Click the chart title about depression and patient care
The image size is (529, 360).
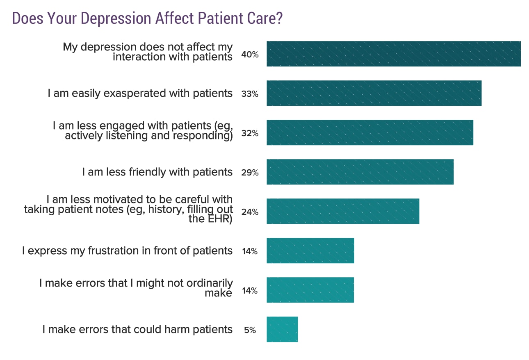(x=147, y=18)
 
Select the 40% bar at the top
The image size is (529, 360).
(x=393, y=54)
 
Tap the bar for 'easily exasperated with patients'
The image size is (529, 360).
(x=374, y=93)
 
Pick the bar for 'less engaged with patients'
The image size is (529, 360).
(x=369, y=132)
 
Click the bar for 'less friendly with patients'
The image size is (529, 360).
(x=360, y=172)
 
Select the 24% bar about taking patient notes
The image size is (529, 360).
(x=342, y=211)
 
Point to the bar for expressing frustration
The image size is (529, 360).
(x=310, y=251)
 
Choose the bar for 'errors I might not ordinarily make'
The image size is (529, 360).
(x=310, y=290)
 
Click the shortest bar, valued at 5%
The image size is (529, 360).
(x=282, y=329)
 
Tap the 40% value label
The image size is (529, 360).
(x=250, y=55)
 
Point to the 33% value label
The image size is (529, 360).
(x=250, y=94)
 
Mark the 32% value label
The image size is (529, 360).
(x=250, y=133)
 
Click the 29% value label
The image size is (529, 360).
(x=250, y=173)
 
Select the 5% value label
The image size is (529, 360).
(x=250, y=330)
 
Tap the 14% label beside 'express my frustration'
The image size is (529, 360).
(x=250, y=251)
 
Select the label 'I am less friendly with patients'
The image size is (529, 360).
(x=157, y=172)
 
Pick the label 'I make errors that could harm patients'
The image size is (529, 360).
(x=137, y=329)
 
